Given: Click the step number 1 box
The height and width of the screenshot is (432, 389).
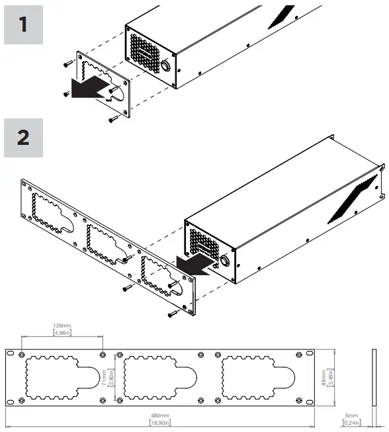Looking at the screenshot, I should pyautogui.click(x=23, y=25).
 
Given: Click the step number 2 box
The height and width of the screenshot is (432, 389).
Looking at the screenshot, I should pyautogui.click(x=23, y=138).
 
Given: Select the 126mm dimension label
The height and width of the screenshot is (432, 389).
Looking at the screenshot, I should pyautogui.click(x=62, y=325).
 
